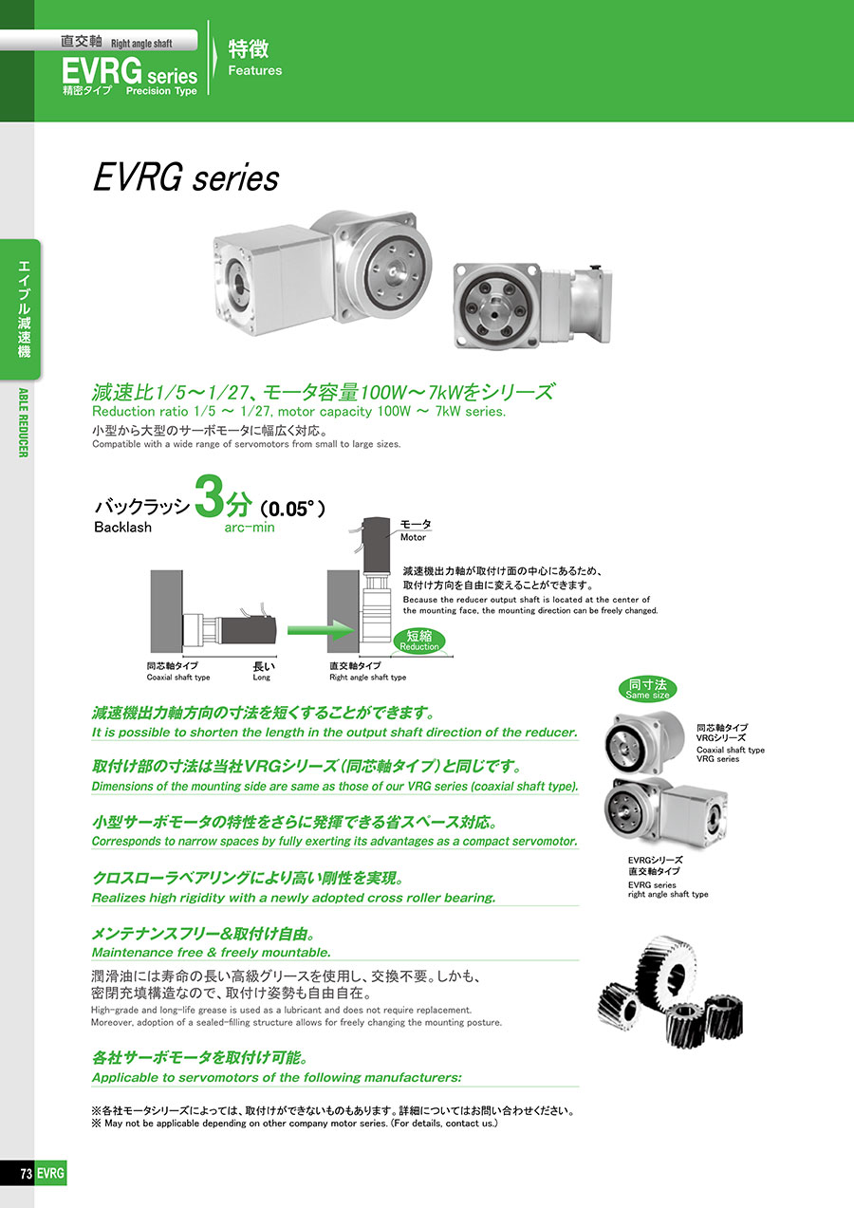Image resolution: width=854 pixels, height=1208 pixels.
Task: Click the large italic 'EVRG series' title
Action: (x=186, y=177)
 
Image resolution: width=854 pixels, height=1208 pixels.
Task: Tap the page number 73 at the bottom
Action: (x=26, y=1173)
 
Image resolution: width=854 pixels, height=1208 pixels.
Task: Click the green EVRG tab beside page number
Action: (x=50, y=1173)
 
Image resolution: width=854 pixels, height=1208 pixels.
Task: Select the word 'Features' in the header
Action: (x=255, y=70)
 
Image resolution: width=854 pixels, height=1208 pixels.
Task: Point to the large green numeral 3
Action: (x=209, y=495)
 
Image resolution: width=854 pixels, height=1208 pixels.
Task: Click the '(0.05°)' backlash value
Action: (x=292, y=509)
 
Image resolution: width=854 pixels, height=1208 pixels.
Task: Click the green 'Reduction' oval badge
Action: (x=418, y=641)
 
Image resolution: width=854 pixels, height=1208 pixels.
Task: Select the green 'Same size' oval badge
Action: (x=647, y=689)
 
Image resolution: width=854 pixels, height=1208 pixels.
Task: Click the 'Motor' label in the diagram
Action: (x=413, y=537)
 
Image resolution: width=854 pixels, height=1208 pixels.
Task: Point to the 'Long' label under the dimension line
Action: (x=262, y=678)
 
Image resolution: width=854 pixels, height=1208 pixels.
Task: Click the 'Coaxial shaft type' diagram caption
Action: (x=178, y=678)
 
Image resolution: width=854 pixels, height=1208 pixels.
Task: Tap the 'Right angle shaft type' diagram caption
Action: (x=368, y=678)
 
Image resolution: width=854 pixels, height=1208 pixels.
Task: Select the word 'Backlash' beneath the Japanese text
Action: (x=123, y=527)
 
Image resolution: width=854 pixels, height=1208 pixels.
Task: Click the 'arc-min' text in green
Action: (x=250, y=528)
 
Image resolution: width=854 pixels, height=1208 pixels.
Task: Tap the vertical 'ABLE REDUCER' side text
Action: (x=23, y=422)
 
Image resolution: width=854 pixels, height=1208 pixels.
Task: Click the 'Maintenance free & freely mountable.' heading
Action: (x=212, y=953)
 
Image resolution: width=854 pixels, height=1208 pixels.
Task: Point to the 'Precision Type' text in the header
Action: (x=161, y=90)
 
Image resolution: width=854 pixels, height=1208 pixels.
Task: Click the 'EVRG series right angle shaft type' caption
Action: (x=668, y=889)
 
